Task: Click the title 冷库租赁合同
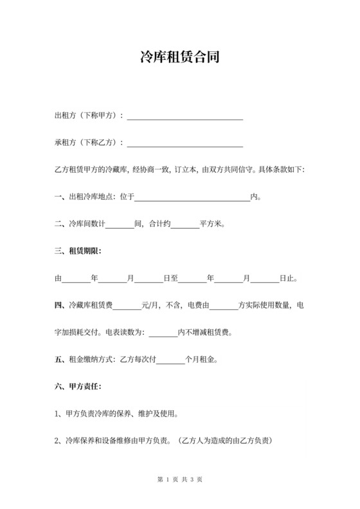click(x=180, y=58)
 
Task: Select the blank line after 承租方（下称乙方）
click(x=185, y=143)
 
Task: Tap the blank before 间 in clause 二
click(x=119, y=224)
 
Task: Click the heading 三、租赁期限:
click(x=78, y=251)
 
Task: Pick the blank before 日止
click(x=264, y=279)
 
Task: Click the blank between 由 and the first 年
click(x=76, y=279)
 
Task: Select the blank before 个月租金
click(x=171, y=360)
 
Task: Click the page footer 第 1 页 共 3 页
click(x=180, y=480)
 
